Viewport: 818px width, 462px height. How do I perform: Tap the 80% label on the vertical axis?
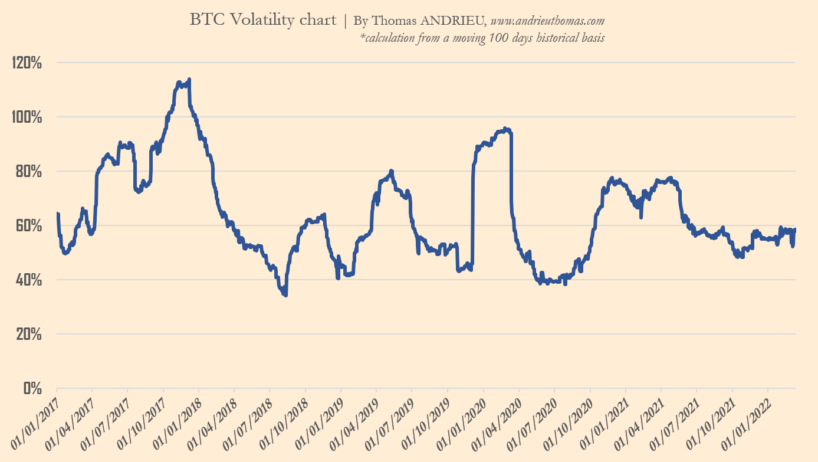(x=28, y=171)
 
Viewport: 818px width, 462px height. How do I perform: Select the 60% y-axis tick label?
(x=28, y=225)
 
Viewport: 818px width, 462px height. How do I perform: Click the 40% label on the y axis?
(x=28, y=280)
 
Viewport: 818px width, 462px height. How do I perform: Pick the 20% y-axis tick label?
(x=28, y=334)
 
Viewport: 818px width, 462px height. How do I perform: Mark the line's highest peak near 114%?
(x=189, y=80)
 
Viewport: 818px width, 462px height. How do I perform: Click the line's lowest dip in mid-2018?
(x=286, y=294)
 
